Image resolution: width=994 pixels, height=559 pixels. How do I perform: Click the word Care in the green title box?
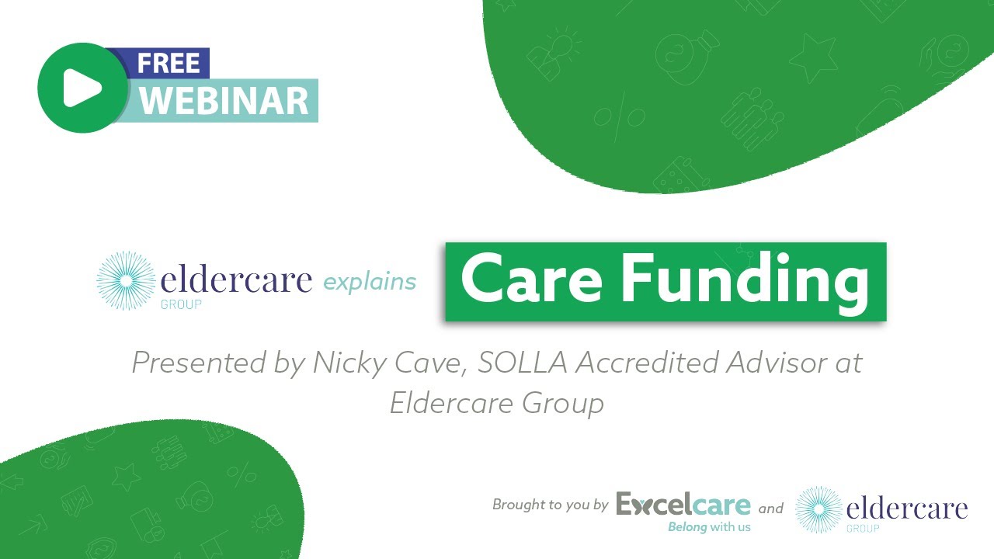(530, 280)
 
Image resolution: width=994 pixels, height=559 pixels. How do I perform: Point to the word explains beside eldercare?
(370, 282)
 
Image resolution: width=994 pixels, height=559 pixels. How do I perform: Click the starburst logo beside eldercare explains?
(125, 280)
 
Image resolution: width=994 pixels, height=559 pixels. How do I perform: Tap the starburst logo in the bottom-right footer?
(818, 509)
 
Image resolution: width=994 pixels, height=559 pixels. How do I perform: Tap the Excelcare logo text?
(683, 505)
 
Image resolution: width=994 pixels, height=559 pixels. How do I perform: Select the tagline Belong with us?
(709, 527)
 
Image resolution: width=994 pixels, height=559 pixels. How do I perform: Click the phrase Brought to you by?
(550, 505)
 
